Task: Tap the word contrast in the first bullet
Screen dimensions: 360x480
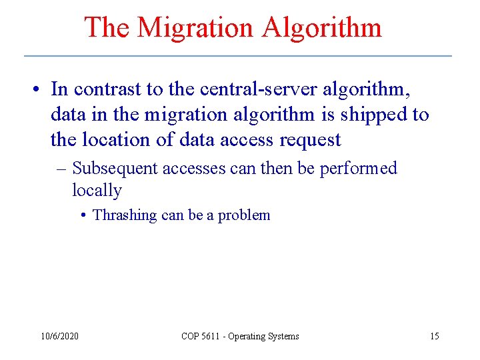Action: [x=107, y=89]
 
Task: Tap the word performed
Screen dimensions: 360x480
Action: [x=358, y=168]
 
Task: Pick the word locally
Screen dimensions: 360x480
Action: [x=97, y=191]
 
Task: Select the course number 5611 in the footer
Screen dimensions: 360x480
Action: [x=211, y=336]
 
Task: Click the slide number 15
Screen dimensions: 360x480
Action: [x=434, y=336]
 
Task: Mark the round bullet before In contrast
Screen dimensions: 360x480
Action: [x=41, y=90]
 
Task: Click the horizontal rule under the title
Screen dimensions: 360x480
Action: [x=238, y=55]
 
